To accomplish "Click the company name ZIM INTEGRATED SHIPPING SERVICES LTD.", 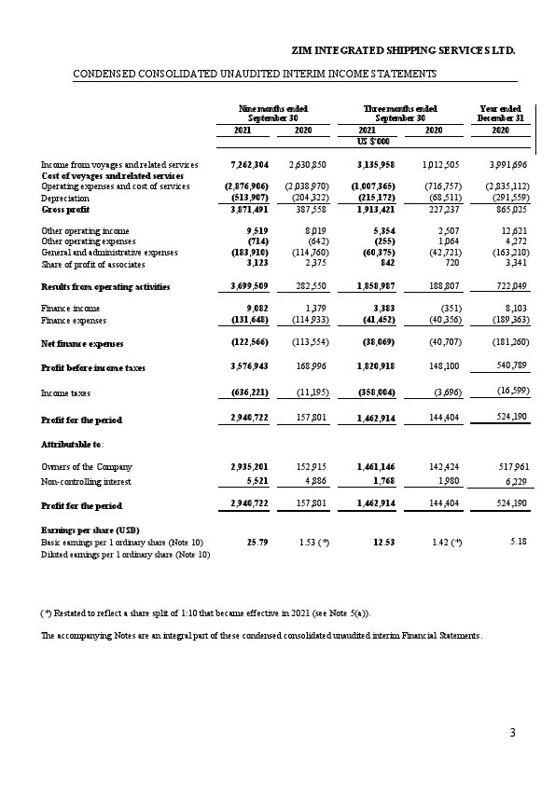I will coord(404,48).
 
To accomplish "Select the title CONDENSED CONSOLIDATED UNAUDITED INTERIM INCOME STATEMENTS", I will coord(255,73).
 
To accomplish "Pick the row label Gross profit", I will coord(62,211).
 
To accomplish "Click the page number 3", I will coord(512,734).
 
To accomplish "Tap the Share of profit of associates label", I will coord(97,265).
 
